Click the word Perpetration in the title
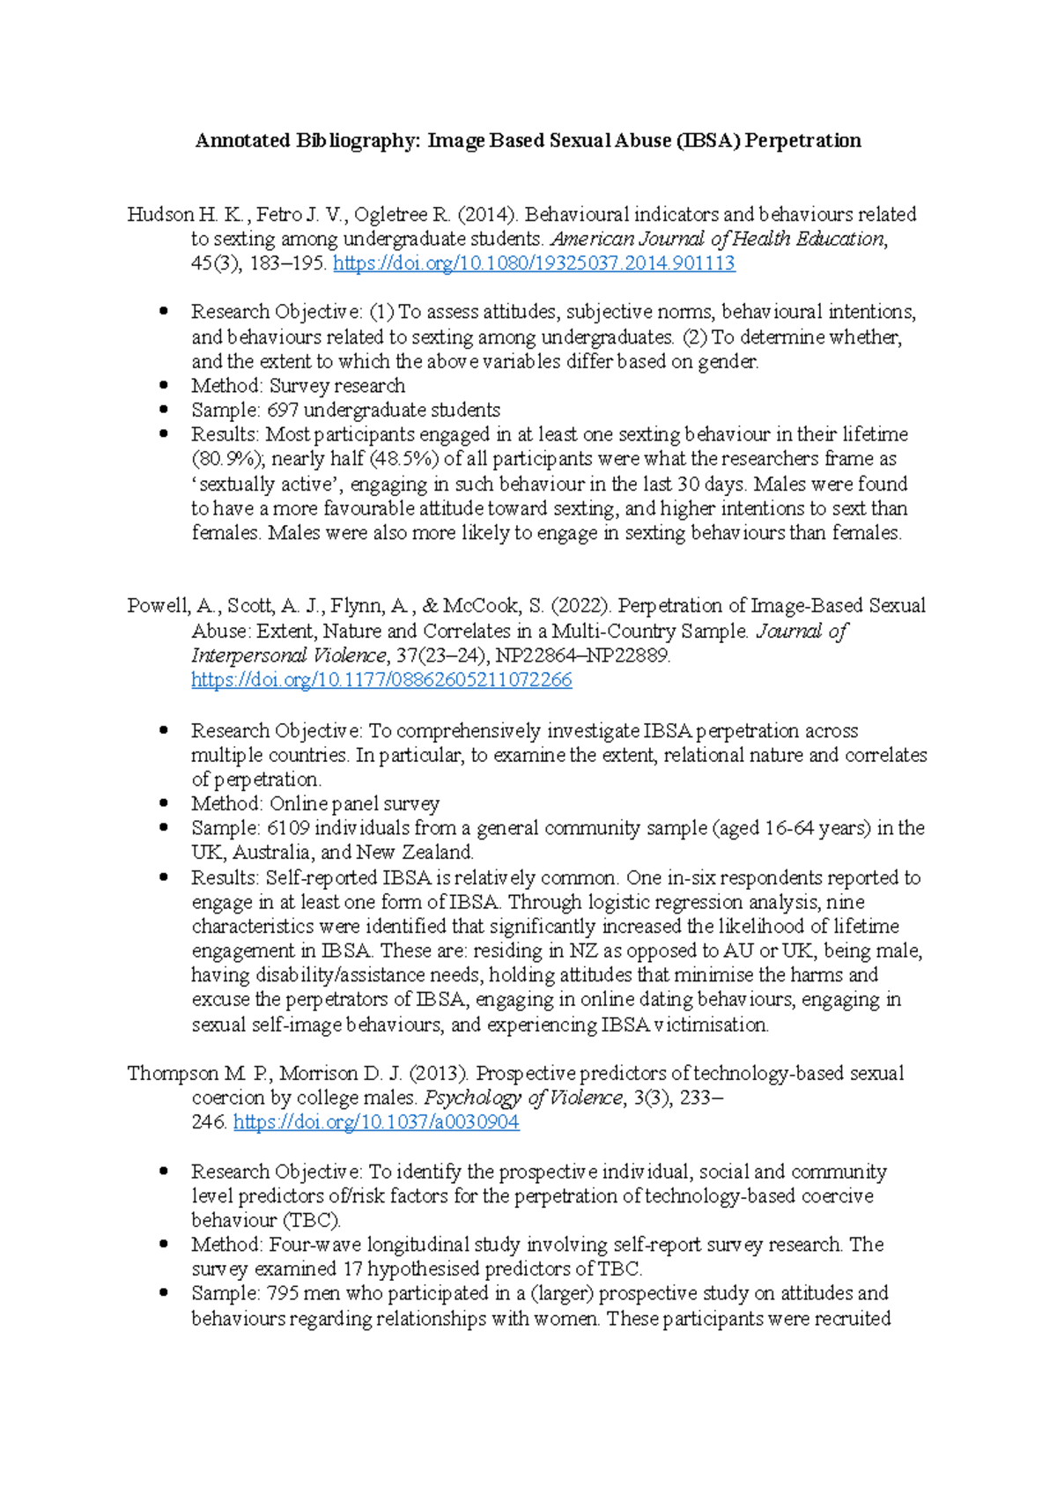802,141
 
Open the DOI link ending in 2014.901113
534,263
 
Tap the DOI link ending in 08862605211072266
381,680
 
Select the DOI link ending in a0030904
376,1122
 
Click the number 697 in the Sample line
283,410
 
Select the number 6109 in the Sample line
288,828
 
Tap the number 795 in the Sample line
283,1294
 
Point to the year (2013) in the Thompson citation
444,1074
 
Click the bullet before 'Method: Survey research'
164,386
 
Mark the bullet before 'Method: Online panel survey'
164,803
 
